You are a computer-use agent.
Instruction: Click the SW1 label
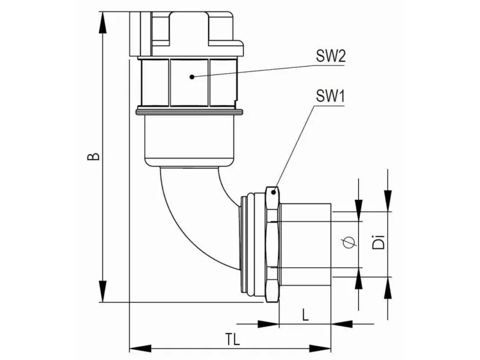(329, 96)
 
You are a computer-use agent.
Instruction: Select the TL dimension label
(233, 339)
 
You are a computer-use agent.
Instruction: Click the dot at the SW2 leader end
(190, 76)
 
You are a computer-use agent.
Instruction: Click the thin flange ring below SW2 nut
(188, 111)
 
